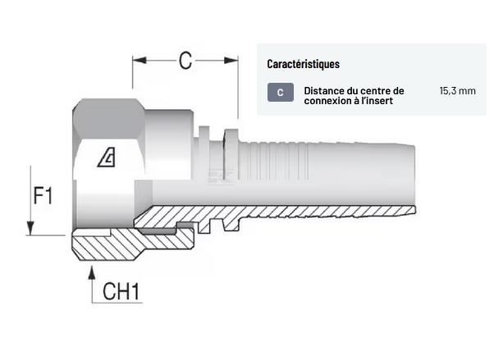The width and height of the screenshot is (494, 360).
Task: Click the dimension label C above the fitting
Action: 185,59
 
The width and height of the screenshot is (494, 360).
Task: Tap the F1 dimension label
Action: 43,196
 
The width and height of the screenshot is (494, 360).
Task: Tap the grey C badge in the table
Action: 280,93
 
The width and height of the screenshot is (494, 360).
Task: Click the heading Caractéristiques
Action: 303,64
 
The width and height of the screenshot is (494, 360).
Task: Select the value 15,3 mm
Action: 457,90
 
